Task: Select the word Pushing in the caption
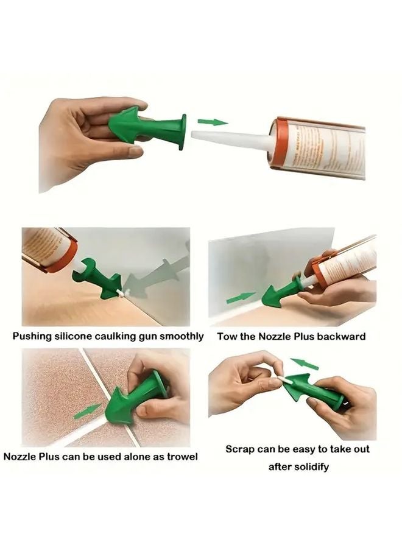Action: pos(35,336)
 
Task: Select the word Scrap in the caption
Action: pos(239,449)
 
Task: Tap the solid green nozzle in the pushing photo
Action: pos(97,279)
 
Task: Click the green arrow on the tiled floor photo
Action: pos(87,411)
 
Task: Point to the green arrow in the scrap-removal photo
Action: pos(304,364)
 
